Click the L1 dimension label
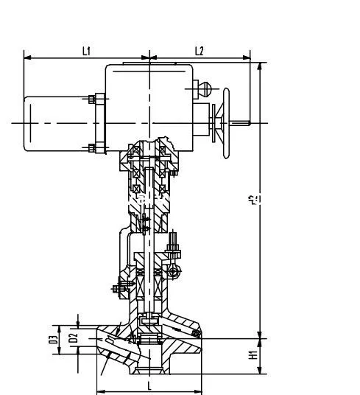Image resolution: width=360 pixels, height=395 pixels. [86, 51]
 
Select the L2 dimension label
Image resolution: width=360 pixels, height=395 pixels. [199, 51]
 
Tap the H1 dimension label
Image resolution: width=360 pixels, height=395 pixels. [253, 354]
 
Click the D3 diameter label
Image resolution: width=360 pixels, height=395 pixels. [54, 339]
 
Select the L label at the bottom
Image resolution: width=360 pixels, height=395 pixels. [149, 385]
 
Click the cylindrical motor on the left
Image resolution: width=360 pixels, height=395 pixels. [55, 123]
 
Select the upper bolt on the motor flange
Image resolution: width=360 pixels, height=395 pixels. [92, 99]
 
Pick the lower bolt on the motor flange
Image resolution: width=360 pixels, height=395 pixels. [92, 147]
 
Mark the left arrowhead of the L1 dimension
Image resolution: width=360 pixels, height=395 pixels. [27, 57]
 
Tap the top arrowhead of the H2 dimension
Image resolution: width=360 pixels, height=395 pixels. [259, 65]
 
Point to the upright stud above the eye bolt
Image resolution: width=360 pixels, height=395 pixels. [175, 243]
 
